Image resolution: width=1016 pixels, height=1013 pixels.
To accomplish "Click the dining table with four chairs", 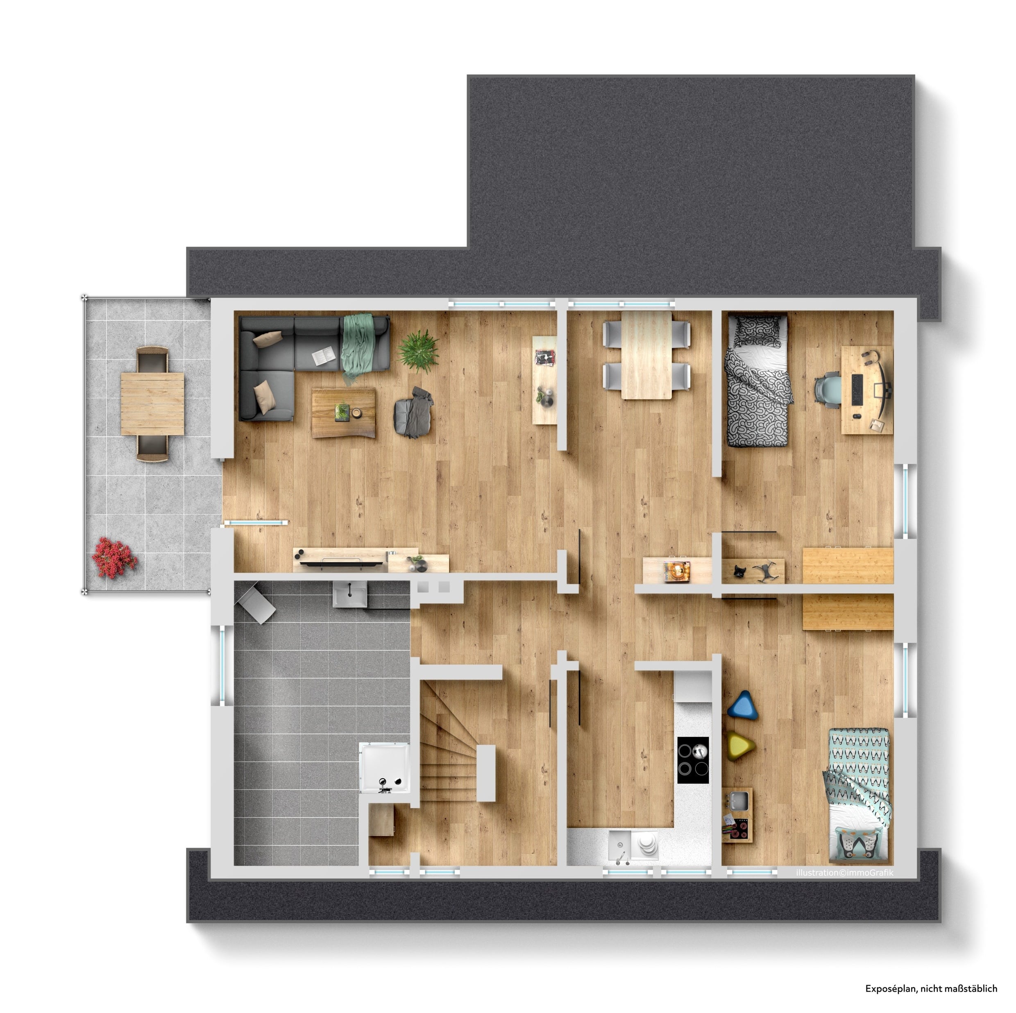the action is click(646, 355).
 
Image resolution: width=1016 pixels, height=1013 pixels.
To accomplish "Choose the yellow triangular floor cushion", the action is click(742, 745).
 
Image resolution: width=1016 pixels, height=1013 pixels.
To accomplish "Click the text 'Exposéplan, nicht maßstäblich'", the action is click(931, 988).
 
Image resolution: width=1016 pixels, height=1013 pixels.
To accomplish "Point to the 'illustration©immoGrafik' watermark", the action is click(845, 872).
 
